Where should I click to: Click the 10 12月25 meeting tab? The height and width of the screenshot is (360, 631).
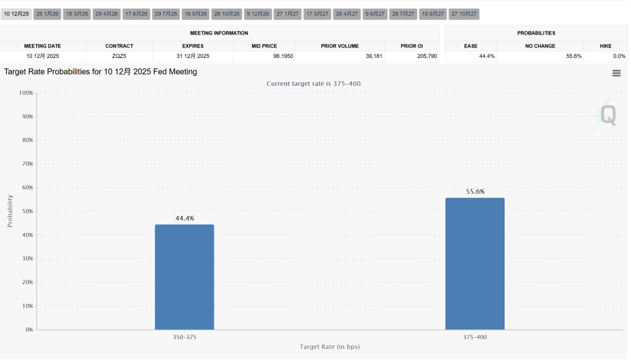tap(17, 14)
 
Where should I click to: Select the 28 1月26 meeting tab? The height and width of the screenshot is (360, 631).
tap(47, 14)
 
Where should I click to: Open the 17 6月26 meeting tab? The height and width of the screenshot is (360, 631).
tap(136, 14)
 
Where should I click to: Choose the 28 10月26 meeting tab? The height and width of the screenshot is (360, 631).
tap(226, 14)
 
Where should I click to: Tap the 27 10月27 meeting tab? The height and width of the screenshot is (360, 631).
tap(463, 14)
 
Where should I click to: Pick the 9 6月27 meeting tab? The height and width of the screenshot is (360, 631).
tap(375, 14)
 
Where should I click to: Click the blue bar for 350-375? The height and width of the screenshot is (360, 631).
tap(184, 277)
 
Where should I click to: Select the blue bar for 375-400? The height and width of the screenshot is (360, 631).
tap(474, 264)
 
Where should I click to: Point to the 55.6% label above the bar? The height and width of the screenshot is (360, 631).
tap(474, 192)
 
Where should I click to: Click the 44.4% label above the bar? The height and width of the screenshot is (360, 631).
tap(184, 218)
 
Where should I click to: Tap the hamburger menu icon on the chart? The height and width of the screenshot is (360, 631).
tap(616, 73)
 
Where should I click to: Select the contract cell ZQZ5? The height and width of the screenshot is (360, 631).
tap(119, 56)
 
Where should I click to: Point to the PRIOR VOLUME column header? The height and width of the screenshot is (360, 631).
tap(340, 46)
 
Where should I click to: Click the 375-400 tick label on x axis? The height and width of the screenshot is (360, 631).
tap(474, 337)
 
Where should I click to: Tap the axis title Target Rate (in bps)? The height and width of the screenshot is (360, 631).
tap(330, 347)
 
